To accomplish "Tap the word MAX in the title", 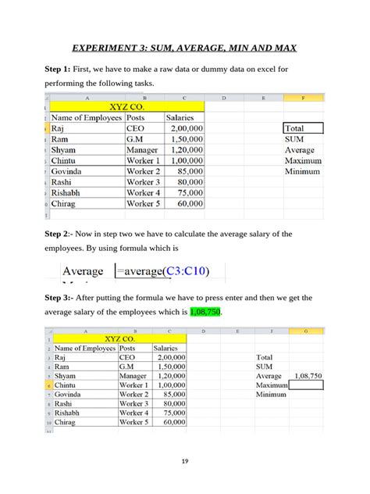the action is (x=283, y=48).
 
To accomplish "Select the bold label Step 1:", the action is (x=58, y=70).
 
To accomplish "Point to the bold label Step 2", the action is (x=58, y=234).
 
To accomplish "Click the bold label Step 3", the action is (x=59, y=298).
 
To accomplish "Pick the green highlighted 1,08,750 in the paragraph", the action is (x=205, y=311).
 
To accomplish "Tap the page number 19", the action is (x=185, y=462).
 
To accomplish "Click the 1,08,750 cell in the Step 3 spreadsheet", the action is (x=306, y=376).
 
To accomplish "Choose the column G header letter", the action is (x=306, y=331).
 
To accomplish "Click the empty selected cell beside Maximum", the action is (x=306, y=385).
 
